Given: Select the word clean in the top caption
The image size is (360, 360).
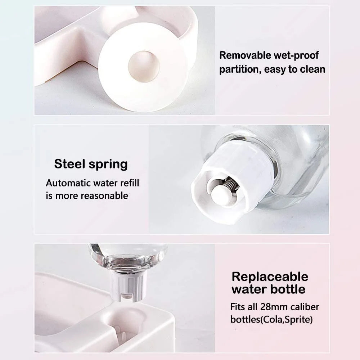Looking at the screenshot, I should (x=311, y=69).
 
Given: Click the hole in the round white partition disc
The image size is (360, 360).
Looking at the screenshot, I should (x=144, y=67).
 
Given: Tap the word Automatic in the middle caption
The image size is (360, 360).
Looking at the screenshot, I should (x=67, y=183).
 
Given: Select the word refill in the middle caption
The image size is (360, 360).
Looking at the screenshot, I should (x=128, y=183).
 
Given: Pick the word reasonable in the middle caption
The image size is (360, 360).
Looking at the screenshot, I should (x=104, y=195).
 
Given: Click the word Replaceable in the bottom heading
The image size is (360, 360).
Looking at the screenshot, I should (x=270, y=276).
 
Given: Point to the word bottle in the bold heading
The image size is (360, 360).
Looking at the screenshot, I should (x=287, y=289).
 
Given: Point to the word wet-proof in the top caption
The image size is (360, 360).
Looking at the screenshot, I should (x=296, y=55).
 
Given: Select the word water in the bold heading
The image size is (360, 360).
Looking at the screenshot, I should (x=247, y=289).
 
